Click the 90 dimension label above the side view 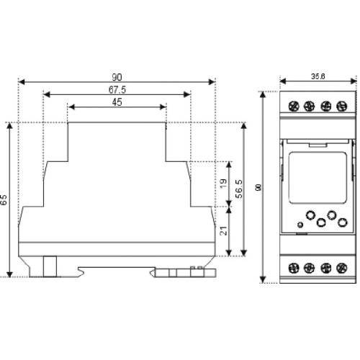117,77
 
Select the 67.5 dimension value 117,90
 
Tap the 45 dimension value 117,102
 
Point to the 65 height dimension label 4,199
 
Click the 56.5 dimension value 239,189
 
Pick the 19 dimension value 223,184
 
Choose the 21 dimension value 223,231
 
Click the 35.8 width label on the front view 318,76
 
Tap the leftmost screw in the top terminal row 294,106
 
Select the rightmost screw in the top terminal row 342,106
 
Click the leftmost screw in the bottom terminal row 294,268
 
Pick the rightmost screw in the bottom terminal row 342,268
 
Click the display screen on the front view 318,178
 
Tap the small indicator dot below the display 300,225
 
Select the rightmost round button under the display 343,222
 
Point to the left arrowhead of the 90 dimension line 22,82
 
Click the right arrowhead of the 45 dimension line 163,107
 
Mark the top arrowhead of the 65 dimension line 9,126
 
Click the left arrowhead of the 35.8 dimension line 283,81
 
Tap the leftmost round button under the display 310,215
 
